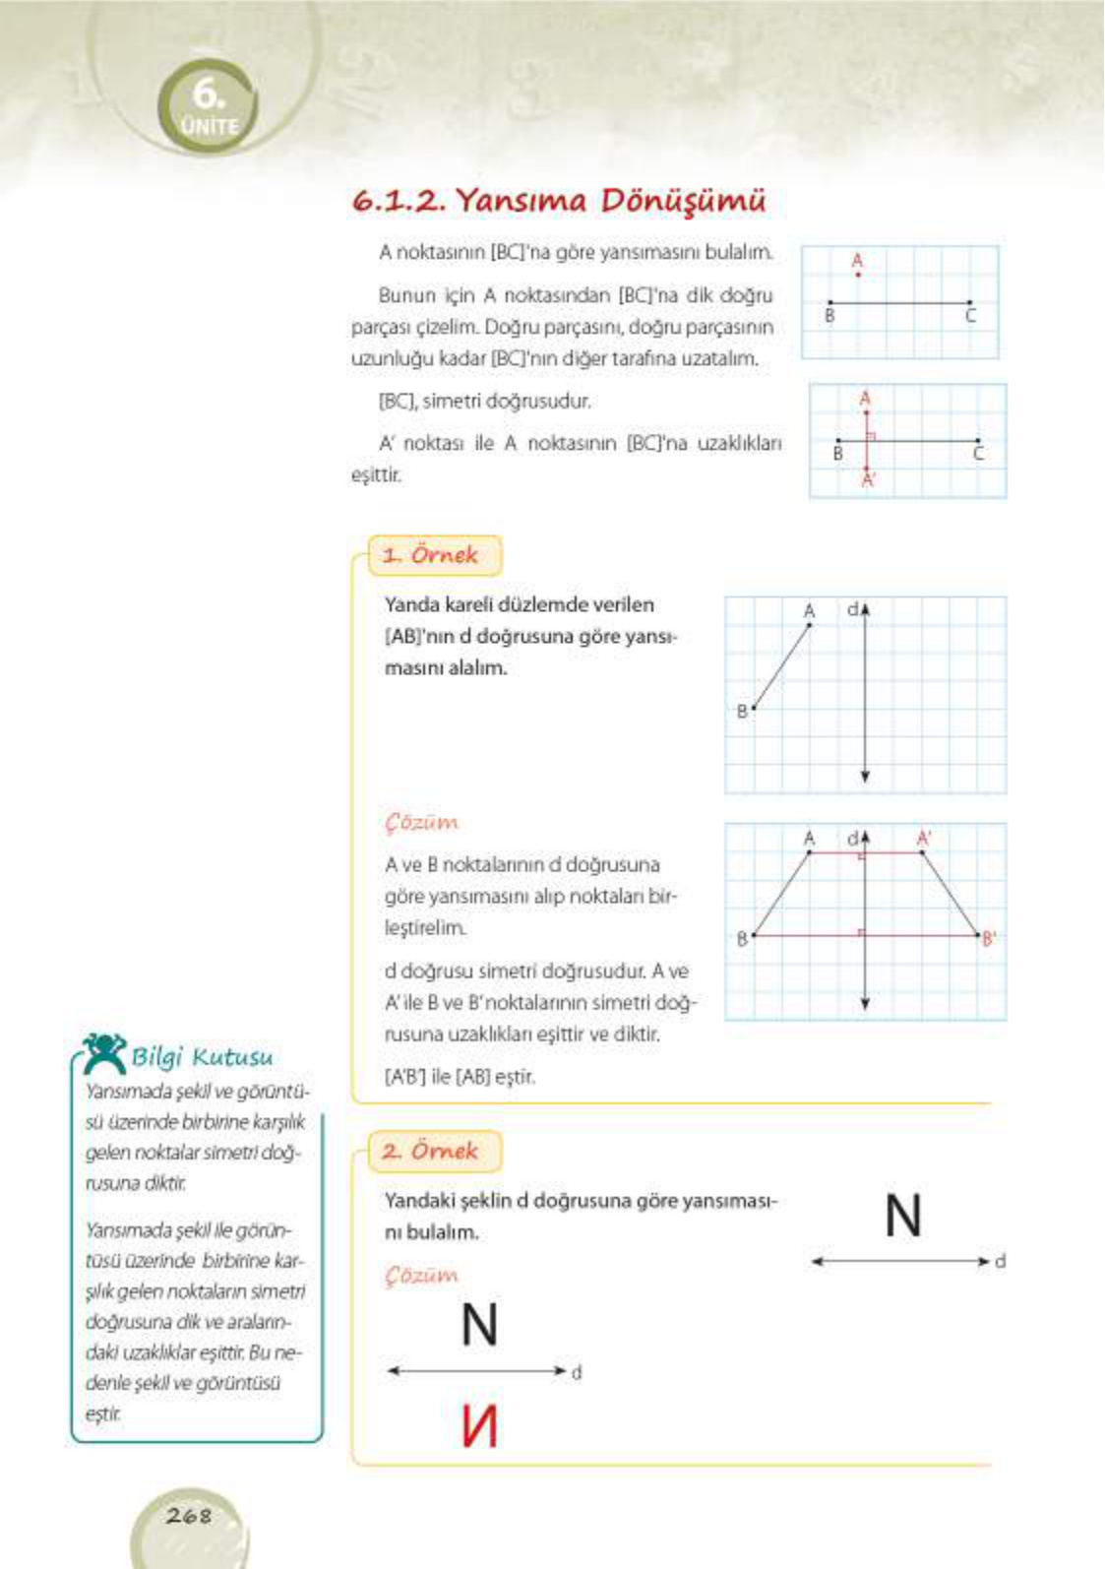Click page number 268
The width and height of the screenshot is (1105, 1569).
point(188,1515)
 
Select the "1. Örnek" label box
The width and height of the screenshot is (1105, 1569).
point(434,555)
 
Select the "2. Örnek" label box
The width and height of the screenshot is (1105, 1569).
point(434,1151)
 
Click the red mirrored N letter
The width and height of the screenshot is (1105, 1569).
point(479,1425)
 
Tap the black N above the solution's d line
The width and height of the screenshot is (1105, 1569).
point(479,1325)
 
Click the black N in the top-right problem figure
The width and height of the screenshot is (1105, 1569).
point(902,1216)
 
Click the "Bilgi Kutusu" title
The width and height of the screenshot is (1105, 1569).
point(202,1057)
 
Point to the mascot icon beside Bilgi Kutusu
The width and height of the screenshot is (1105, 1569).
point(103,1052)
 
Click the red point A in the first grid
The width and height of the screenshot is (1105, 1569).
point(858,274)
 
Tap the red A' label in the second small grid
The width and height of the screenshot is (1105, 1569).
point(868,481)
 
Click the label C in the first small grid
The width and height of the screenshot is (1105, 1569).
point(970,317)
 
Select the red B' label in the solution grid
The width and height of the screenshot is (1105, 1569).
point(989,939)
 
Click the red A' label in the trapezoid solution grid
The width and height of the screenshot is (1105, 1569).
point(924,839)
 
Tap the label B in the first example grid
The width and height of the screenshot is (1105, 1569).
point(742,712)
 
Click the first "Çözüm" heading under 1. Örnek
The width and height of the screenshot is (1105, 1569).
point(421,822)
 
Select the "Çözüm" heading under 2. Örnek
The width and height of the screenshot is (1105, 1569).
point(421,1275)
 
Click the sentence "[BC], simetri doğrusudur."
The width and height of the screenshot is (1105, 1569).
point(484,402)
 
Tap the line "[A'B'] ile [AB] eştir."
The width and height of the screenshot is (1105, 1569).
point(460,1077)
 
